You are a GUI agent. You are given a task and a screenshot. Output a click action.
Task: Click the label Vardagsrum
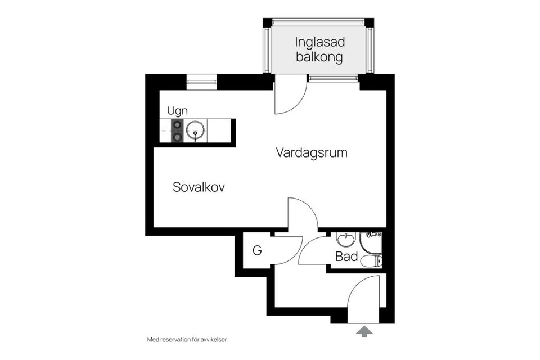pyautogui.click(x=311, y=152)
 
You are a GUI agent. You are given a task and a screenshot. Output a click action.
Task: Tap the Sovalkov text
pyautogui.click(x=199, y=187)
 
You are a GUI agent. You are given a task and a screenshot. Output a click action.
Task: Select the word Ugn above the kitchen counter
pyautogui.click(x=177, y=111)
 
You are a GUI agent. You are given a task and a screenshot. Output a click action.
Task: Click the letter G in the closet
pyautogui.click(x=257, y=251)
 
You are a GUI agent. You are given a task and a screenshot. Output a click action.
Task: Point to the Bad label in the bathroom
pyautogui.click(x=346, y=257)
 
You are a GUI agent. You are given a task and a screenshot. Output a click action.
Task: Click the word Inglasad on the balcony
pyautogui.click(x=319, y=42)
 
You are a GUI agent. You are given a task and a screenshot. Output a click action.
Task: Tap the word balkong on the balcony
pyautogui.click(x=319, y=57)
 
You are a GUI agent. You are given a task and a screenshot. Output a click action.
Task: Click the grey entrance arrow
pyautogui.click(x=364, y=332)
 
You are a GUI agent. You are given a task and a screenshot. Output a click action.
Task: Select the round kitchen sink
pyautogui.click(x=196, y=131)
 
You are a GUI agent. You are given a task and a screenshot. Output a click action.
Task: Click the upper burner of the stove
pyautogui.click(x=177, y=125)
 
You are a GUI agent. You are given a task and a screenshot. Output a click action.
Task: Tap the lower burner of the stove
pyautogui.click(x=177, y=137)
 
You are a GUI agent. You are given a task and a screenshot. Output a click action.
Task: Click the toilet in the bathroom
pyautogui.click(x=372, y=260)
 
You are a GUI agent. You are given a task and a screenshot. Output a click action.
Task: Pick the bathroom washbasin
pyautogui.click(x=345, y=240)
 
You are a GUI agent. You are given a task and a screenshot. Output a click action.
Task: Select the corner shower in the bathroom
pyautogui.click(x=372, y=242)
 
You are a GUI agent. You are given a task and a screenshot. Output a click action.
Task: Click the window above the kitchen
pyautogui.click(x=201, y=82)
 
